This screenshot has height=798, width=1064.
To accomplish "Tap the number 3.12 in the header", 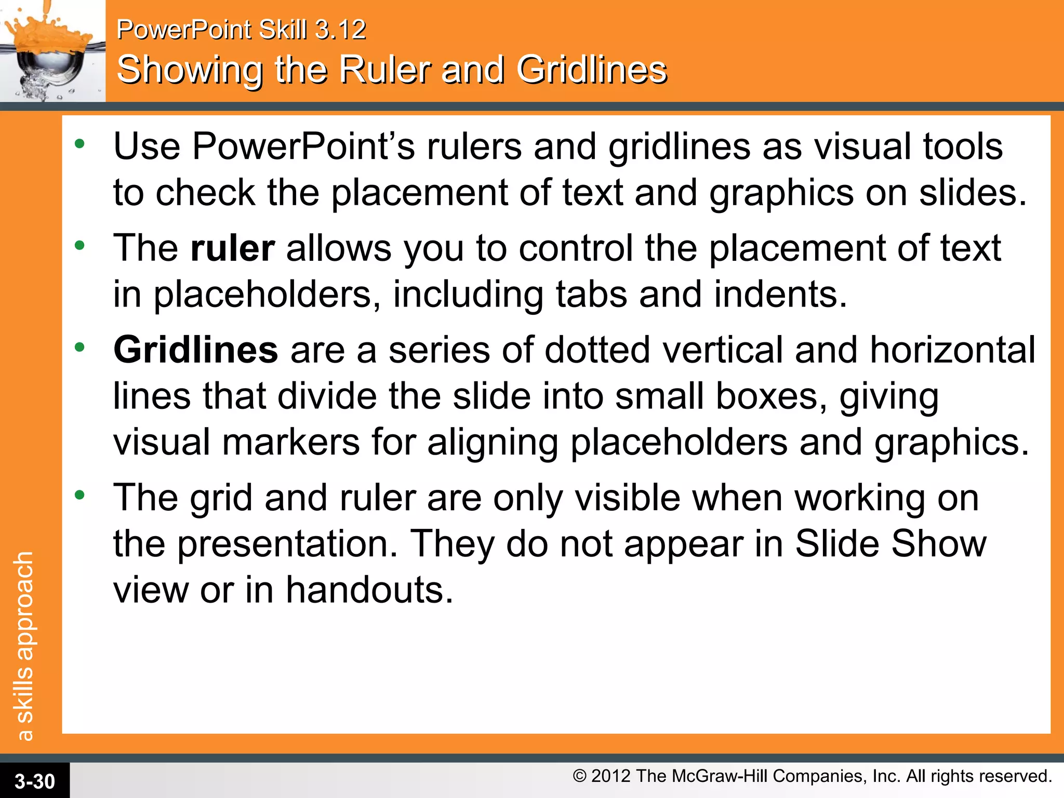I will [x=341, y=30].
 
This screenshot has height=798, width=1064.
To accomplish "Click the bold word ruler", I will [x=232, y=248].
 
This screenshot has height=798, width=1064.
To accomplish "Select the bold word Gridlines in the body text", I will [x=196, y=350].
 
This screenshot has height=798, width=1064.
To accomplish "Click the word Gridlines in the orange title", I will [x=591, y=70].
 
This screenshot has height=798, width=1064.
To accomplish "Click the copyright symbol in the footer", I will [x=579, y=776].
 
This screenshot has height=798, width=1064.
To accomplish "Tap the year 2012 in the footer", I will [x=611, y=776].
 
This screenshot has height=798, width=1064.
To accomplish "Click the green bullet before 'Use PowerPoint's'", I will [x=79, y=144].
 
